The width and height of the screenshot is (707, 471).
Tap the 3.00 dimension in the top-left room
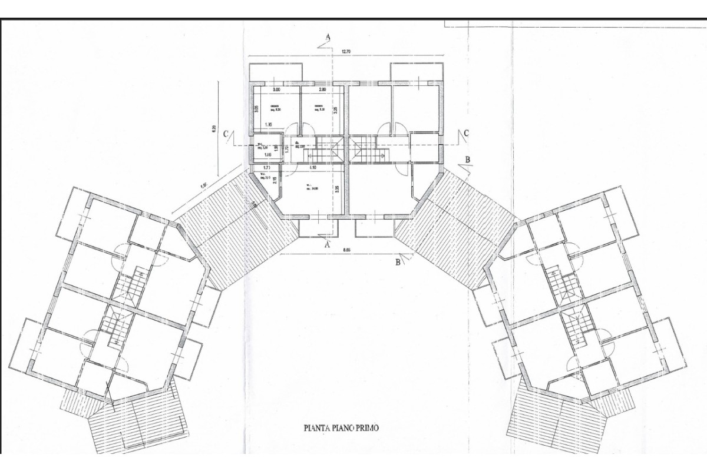click(x=276, y=89)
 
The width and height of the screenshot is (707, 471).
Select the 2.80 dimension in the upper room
click(x=322, y=89)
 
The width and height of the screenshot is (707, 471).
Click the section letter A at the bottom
click(x=328, y=241)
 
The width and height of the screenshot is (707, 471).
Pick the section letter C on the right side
click(x=465, y=133)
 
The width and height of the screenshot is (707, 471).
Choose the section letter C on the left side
click(x=226, y=134)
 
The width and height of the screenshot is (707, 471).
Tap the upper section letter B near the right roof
click(x=467, y=159)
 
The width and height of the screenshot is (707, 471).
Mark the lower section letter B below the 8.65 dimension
click(x=398, y=263)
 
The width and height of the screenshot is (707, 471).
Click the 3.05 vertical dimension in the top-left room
click(x=257, y=109)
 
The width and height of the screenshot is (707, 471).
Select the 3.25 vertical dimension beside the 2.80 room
click(x=335, y=109)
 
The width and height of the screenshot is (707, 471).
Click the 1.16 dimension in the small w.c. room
click(x=267, y=155)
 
